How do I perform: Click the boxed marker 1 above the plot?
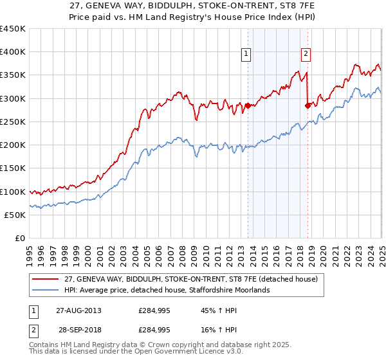247,54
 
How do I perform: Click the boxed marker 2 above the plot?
306,54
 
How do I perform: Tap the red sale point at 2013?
248,105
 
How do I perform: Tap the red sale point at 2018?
308,105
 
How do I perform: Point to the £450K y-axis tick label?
13,29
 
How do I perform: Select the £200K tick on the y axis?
13,145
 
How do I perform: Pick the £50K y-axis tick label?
15,215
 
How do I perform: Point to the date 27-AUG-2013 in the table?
78,310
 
